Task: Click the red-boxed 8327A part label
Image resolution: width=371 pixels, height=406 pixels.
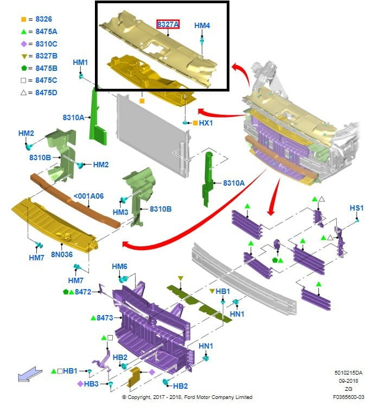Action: click(168, 24)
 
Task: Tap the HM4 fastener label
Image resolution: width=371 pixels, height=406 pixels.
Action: click(202, 25)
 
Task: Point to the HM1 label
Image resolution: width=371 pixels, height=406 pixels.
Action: click(80, 63)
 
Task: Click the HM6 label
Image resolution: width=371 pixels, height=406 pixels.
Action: click(119, 267)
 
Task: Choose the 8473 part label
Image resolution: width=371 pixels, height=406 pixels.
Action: click(105, 318)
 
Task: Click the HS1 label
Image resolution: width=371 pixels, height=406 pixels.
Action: click(356, 208)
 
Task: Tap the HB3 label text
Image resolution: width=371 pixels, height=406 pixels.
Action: click(92, 384)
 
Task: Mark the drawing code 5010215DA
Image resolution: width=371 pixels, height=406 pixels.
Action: click(348, 373)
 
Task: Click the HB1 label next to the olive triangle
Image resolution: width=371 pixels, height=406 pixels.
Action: click(223, 291)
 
